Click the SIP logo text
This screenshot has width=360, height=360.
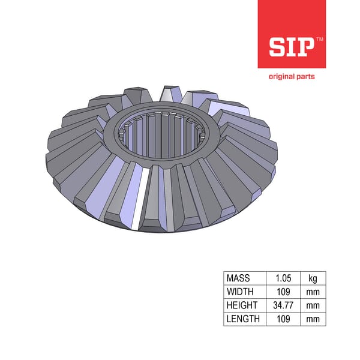[290, 46]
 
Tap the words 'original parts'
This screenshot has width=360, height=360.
[291, 76]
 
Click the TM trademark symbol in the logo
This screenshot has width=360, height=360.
[319, 38]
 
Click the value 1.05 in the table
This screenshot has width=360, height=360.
[282, 278]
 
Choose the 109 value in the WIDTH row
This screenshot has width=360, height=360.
[282, 292]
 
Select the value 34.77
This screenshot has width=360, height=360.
[282, 305]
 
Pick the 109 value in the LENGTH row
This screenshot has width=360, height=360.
[282, 319]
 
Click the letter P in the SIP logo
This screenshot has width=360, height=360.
[306, 46]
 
